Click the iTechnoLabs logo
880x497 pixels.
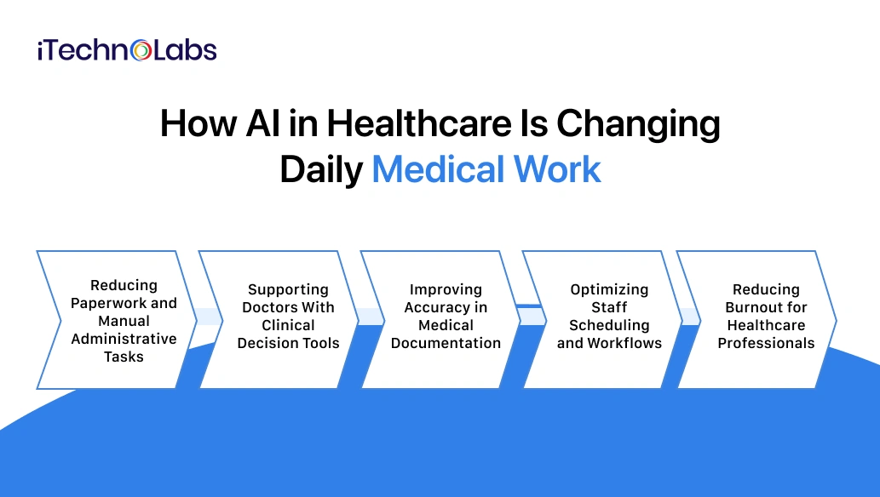click(127, 50)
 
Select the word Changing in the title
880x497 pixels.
click(638, 124)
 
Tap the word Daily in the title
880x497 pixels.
click(320, 169)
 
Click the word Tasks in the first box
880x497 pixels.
click(124, 357)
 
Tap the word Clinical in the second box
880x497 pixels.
click(288, 325)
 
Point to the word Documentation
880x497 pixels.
click(446, 343)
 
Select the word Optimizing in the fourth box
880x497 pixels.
click(609, 289)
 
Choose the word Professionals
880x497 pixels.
click(766, 343)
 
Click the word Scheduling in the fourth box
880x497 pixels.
click(609, 325)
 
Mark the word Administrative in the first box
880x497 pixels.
click(124, 339)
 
